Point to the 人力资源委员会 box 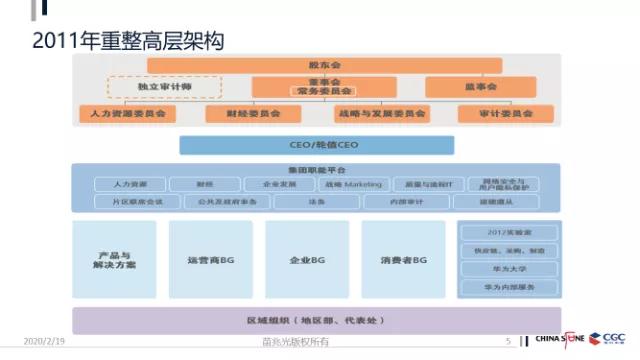[x=125, y=114]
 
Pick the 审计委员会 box [x=506, y=114]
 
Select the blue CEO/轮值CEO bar [x=317, y=145]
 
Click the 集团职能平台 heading [x=317, y=170]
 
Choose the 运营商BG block [x=210, y=260]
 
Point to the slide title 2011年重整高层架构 [x=128, y=41]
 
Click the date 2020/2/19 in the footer [x=44, y=341]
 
